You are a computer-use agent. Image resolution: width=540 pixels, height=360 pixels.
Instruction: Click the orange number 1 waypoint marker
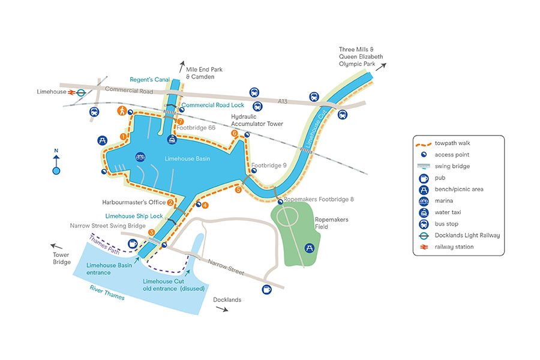tap(123, 137)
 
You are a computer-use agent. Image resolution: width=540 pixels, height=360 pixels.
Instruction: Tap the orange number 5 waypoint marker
tap(238, 190)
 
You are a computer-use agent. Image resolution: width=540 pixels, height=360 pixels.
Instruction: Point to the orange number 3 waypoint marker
tap(151, 232)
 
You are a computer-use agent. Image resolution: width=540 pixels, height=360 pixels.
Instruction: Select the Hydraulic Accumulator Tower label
tap(257, 120)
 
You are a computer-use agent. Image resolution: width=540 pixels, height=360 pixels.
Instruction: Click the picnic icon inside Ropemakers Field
tap(310, 247)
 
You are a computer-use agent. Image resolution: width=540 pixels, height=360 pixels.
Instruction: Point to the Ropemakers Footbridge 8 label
tap(319, 199)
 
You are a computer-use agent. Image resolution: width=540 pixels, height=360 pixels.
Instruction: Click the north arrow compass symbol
tap(56, 164)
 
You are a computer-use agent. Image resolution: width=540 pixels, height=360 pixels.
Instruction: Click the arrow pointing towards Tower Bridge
tap(55, 246)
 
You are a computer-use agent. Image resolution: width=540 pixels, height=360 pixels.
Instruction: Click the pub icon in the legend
tap(424, 178)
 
